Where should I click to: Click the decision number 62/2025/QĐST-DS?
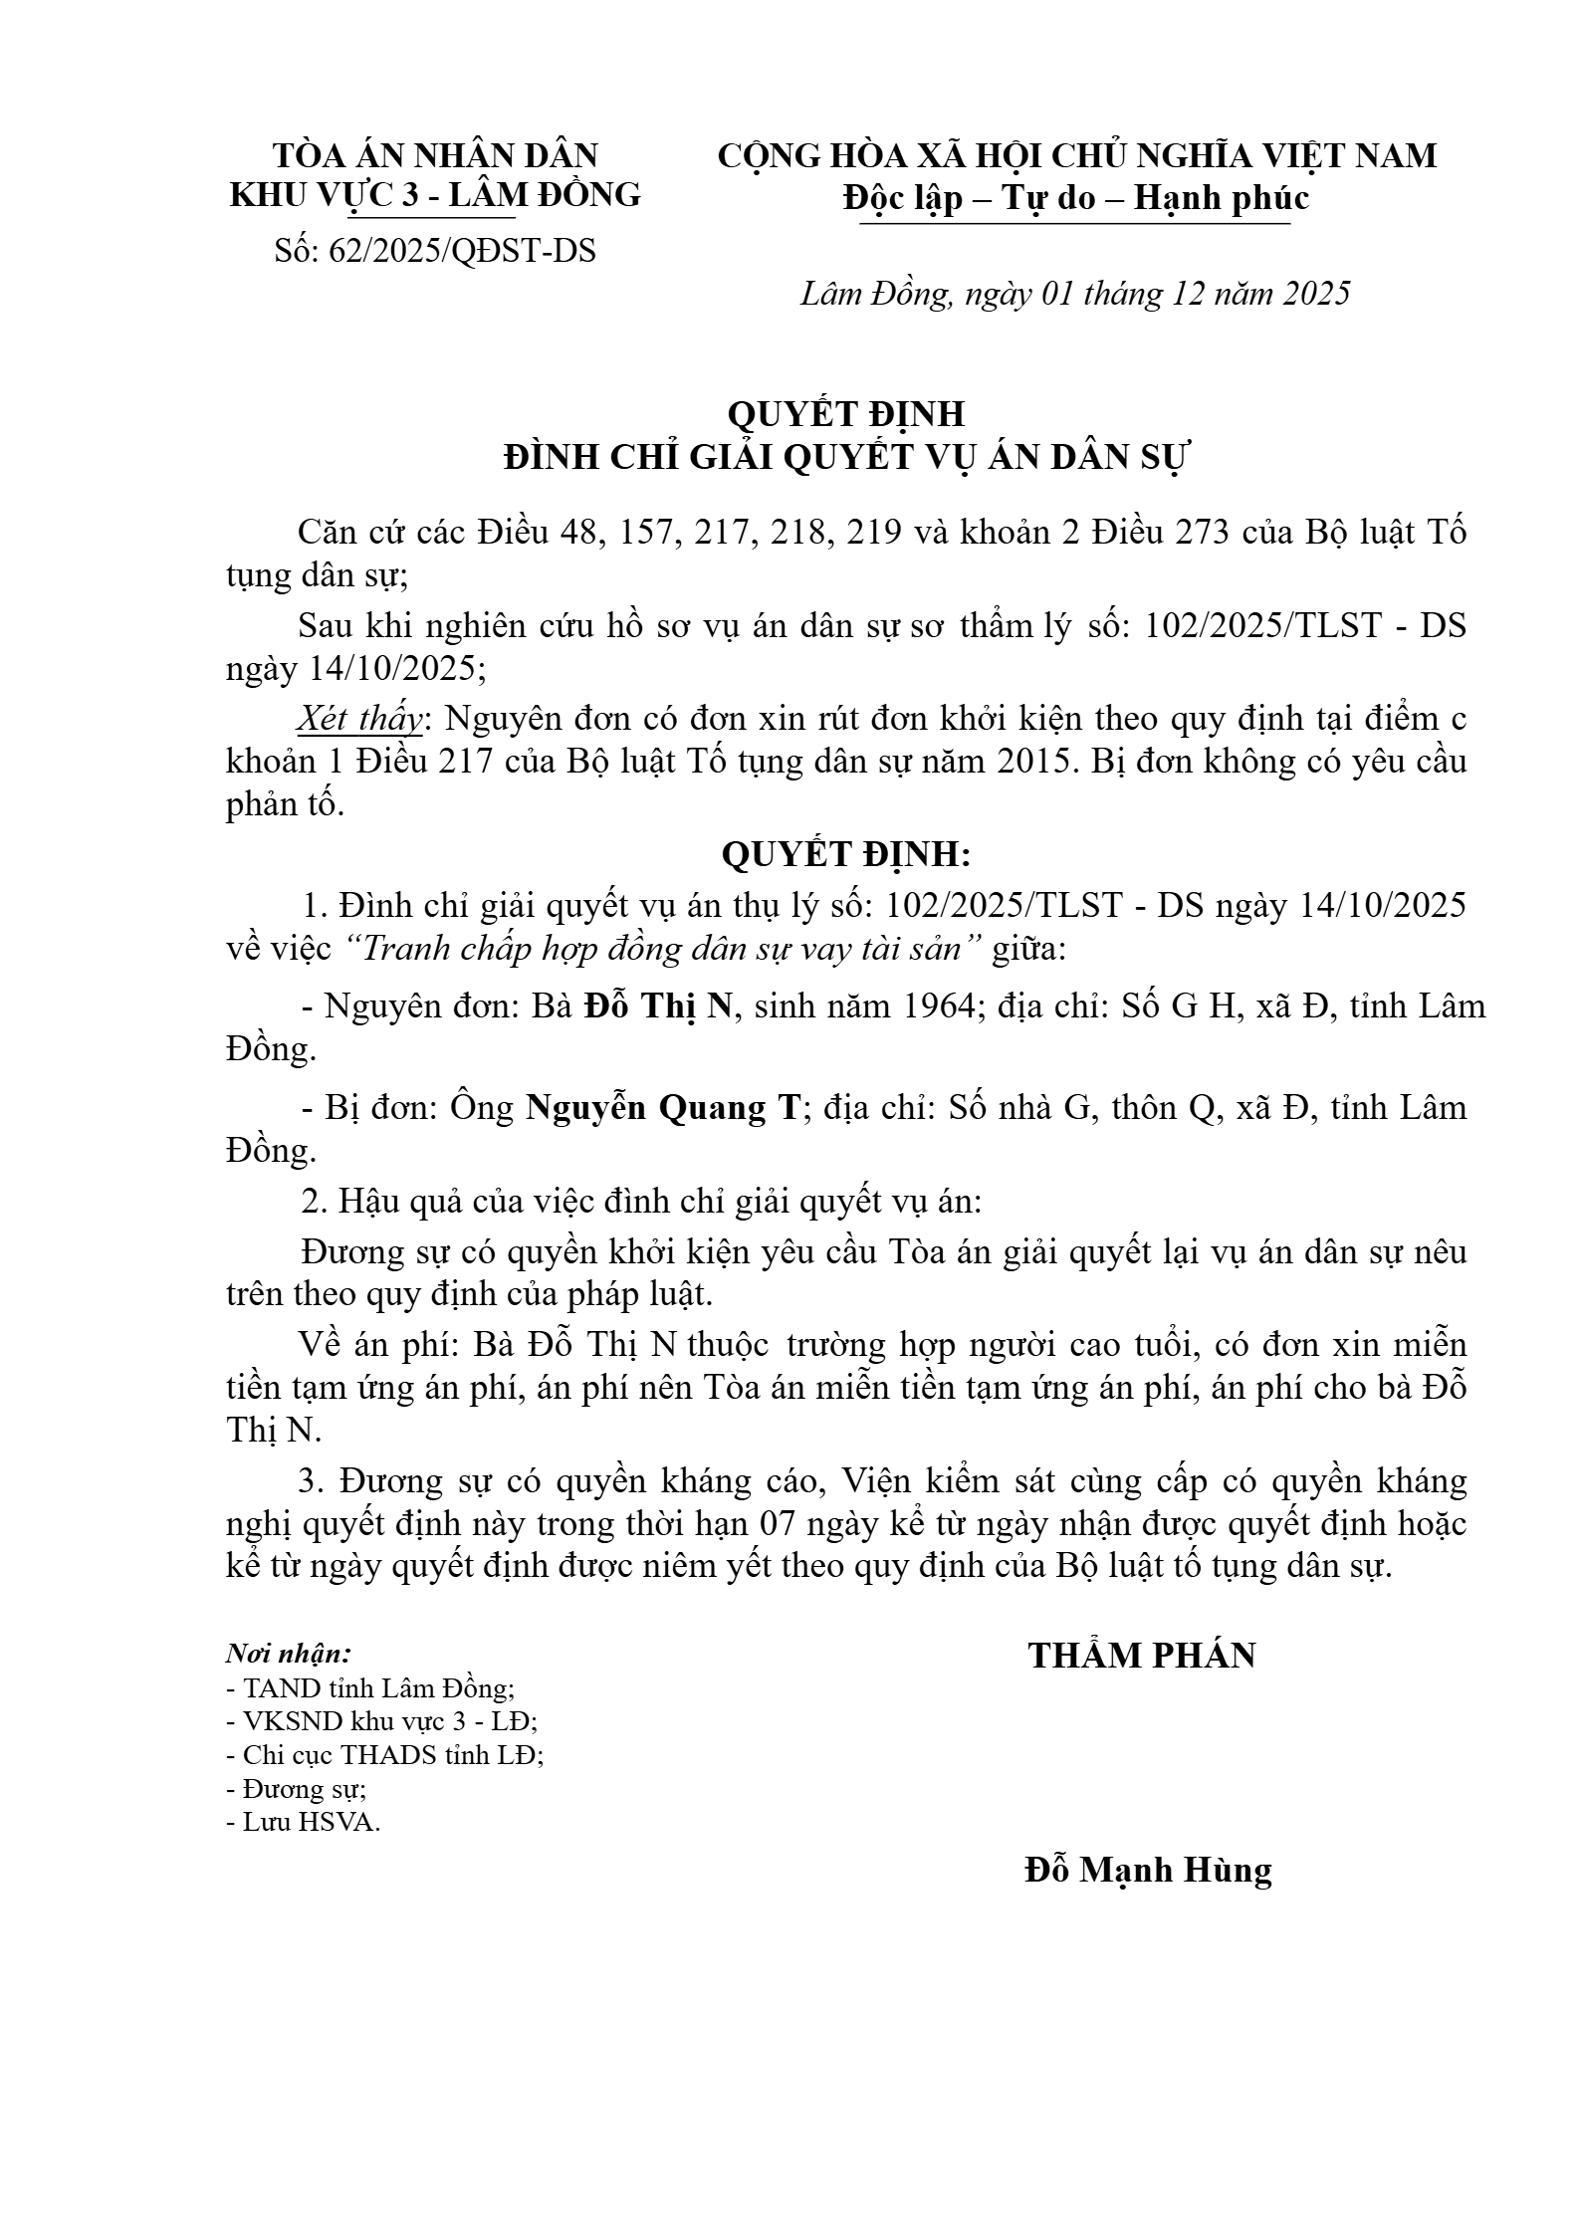pos(435,252)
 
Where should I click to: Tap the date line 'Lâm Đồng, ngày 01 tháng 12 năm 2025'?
pos(1075,294)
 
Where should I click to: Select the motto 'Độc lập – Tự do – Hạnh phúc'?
pos(1075,198)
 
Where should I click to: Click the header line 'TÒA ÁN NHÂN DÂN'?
pos(435,155)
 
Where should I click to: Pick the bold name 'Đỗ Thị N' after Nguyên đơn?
pos(657,1006)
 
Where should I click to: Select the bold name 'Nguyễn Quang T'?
pos(662,1108)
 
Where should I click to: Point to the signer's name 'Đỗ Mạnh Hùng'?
pos(1148,1870)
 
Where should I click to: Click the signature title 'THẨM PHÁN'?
pos(1142,1656)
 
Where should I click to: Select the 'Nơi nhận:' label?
pos(289,1655)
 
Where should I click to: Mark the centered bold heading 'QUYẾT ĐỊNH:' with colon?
pos(845,855)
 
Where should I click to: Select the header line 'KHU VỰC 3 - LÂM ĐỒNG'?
pos(435,195)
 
